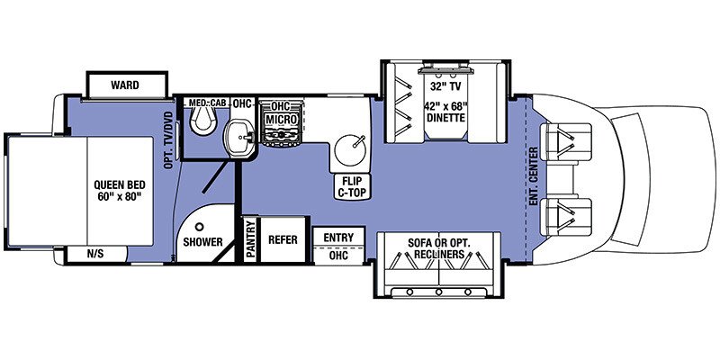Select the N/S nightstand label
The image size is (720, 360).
[94, 254]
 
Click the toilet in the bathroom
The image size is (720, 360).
[207, 117]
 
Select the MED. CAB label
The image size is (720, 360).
[207, 103]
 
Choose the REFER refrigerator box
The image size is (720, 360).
[283, 240]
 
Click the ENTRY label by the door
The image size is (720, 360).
[338, 237]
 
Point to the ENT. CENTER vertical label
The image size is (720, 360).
[534, 175]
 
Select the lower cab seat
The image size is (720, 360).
[572, 212]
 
